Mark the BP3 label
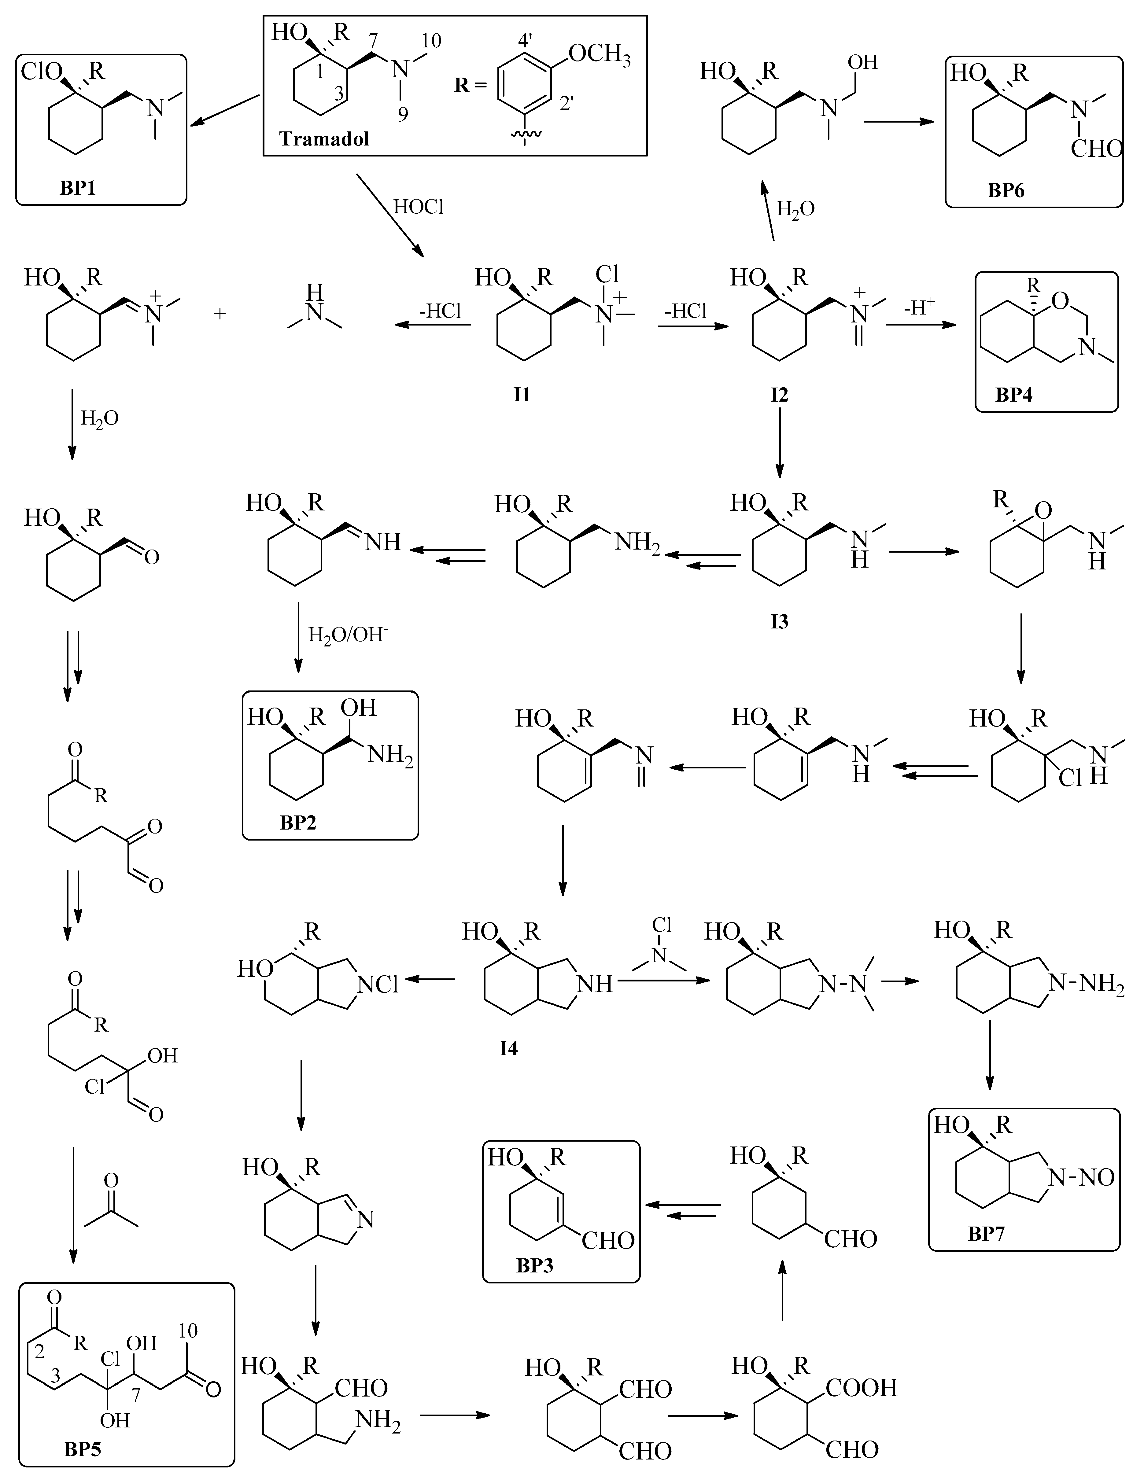[x=535, y=1266]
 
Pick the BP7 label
[x=987, y=1234]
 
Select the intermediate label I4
[x=508, y=1048]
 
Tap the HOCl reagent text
[x=419, y=207]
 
